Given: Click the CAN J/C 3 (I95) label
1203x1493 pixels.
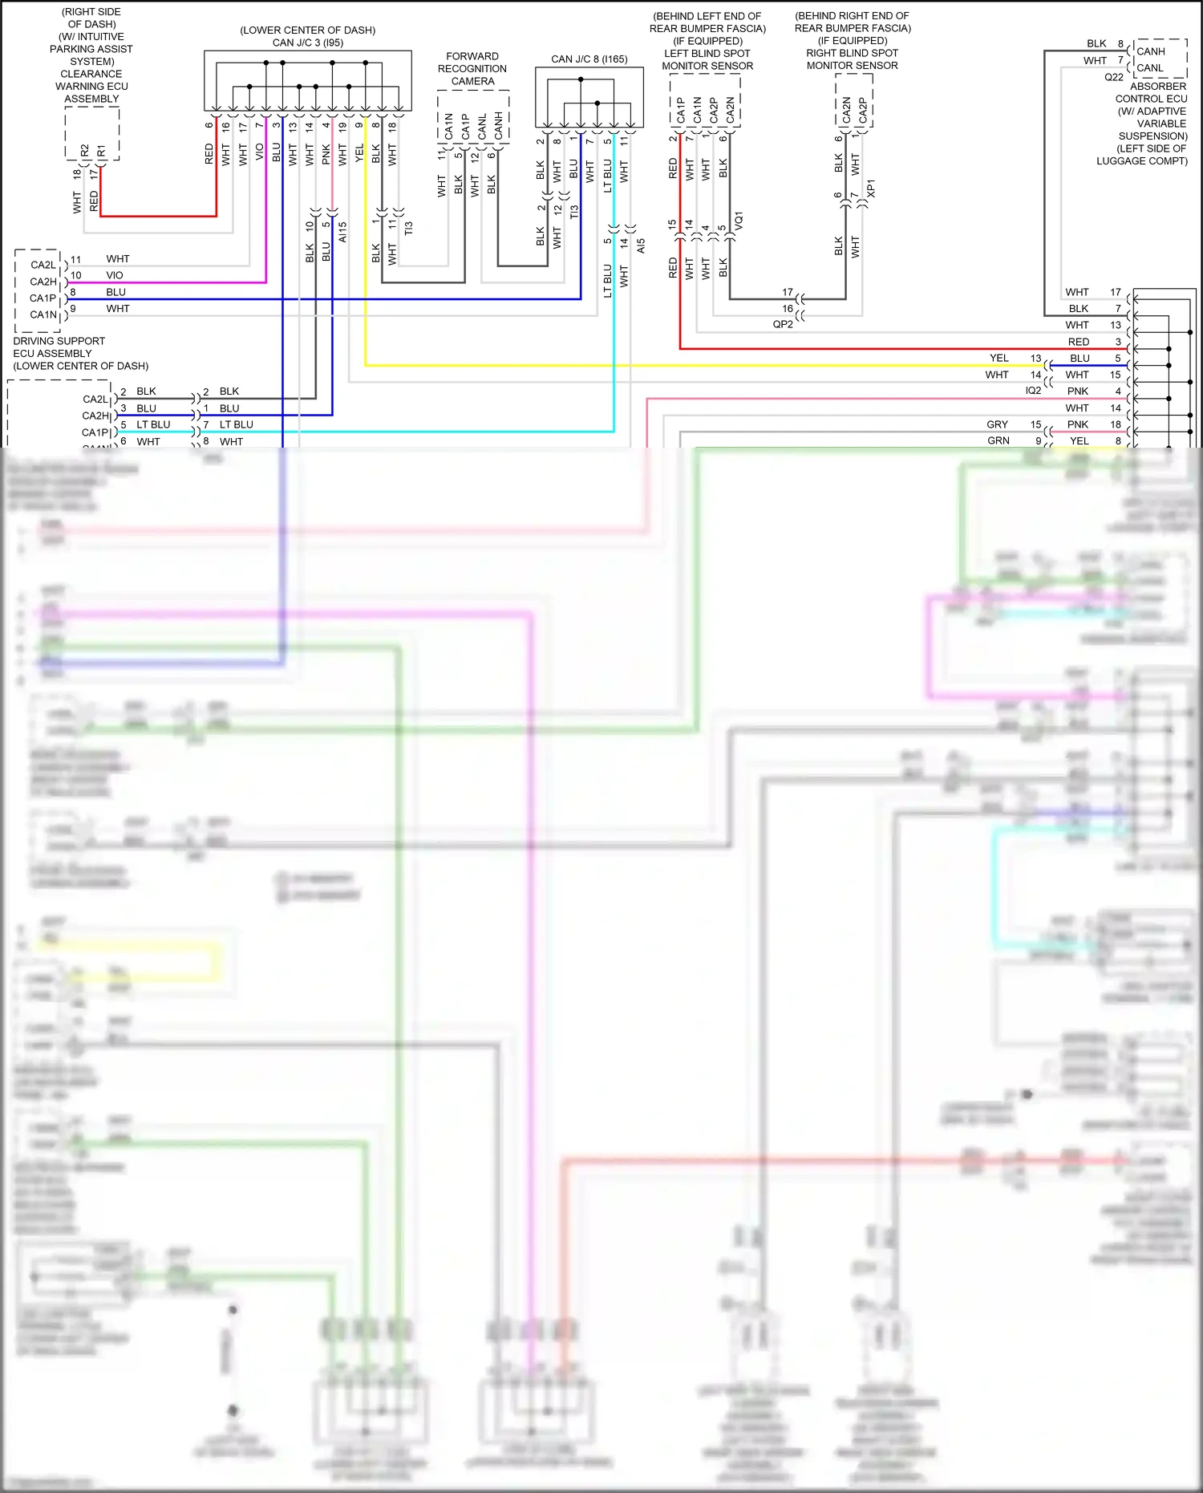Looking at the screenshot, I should [307, 43].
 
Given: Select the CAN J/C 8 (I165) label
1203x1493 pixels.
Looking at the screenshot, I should [589, 59].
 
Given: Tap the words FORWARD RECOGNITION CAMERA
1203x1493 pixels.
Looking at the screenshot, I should [472, 69].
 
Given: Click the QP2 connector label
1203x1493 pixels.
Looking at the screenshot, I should [783, 324].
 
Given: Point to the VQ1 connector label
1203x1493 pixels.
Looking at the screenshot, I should [739, 221].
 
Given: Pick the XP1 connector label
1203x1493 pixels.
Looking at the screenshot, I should [871, 189].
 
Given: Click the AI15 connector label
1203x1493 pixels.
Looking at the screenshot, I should [342, 233].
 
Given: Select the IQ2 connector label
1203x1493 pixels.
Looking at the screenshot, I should [1033, 391].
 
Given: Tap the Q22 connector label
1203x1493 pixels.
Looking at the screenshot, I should [1113, 78].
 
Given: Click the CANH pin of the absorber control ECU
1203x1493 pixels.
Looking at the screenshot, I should [1150, 51].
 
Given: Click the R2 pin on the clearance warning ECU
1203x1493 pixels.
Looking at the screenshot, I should [85, 151].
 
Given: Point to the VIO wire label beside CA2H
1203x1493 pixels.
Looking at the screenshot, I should [115, 275].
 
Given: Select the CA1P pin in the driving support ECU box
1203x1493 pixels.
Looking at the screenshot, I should [43, 298].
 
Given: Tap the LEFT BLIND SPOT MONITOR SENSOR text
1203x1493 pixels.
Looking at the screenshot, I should [707, 59].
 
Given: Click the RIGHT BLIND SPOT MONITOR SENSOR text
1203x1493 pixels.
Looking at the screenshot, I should [852, 59].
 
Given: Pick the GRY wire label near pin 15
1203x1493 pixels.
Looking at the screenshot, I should [997, 424].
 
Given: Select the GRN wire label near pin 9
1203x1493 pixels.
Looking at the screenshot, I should [998, 440].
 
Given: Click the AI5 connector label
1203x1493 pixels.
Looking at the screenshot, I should [641, 246].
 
